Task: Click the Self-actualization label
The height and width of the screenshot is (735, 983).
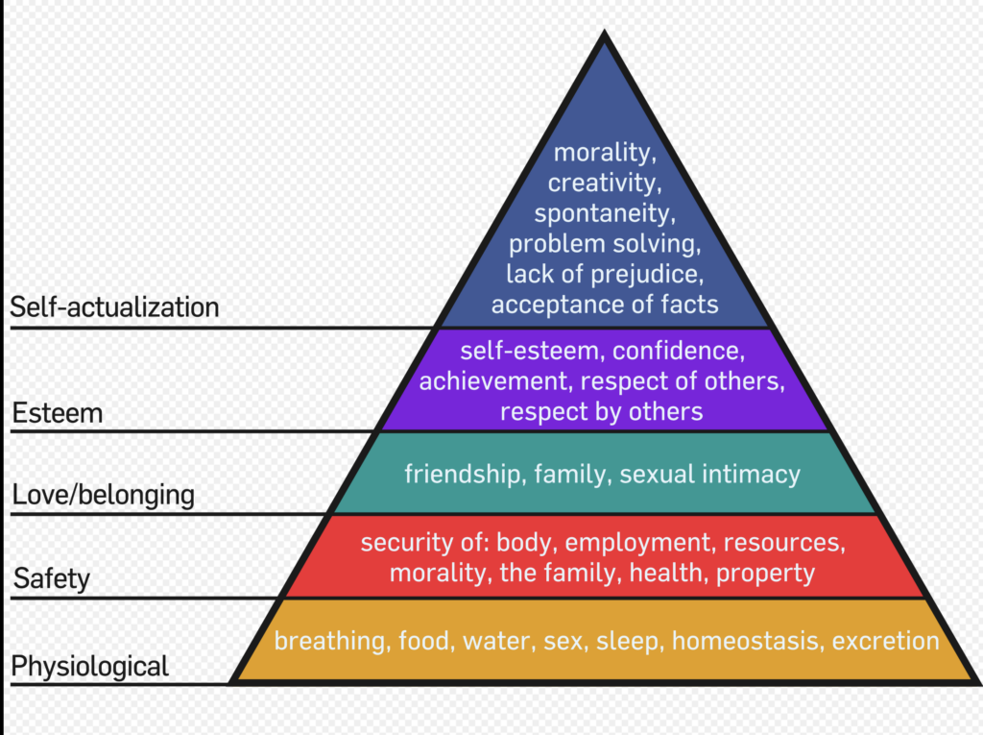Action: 115,307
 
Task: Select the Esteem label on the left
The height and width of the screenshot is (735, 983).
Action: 58,413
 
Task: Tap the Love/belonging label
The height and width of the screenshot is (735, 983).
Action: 104,495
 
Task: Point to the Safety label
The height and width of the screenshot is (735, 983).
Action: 52,578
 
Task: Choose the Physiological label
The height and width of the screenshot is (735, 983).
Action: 90,667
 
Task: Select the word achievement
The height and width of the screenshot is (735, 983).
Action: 495,381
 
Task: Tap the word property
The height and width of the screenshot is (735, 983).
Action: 765,574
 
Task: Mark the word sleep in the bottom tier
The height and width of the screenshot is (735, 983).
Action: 630,642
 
